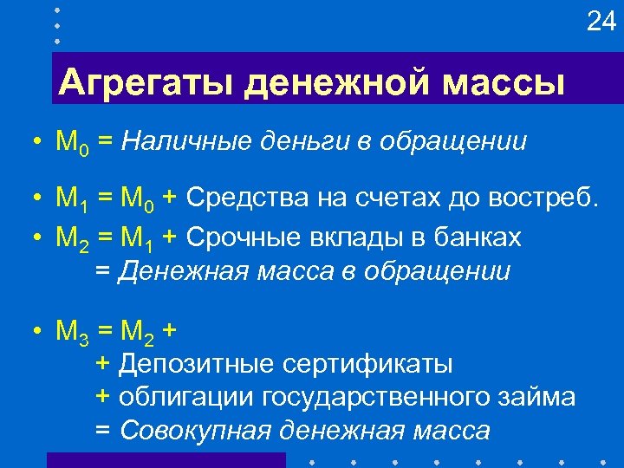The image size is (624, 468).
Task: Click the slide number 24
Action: tap(601, 22)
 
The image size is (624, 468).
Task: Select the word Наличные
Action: tap(173, 141)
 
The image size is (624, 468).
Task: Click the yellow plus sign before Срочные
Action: tap(172, 237)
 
